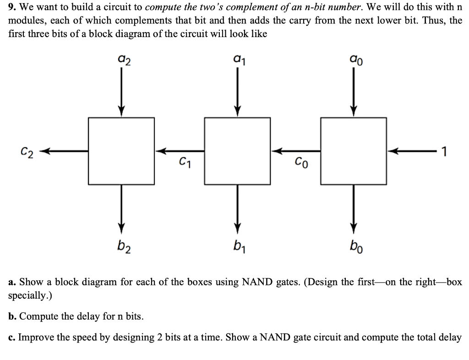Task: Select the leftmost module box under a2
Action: pos(121,150)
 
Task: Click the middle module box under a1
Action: pos(237,150)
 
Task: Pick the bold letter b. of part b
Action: pos(12,316)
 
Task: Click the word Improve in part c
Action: pos(33,338)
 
